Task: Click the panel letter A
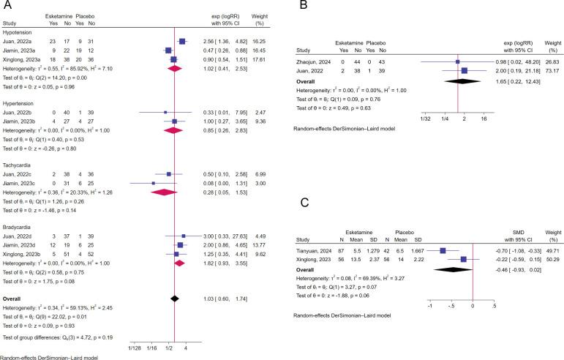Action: point(6,7)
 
